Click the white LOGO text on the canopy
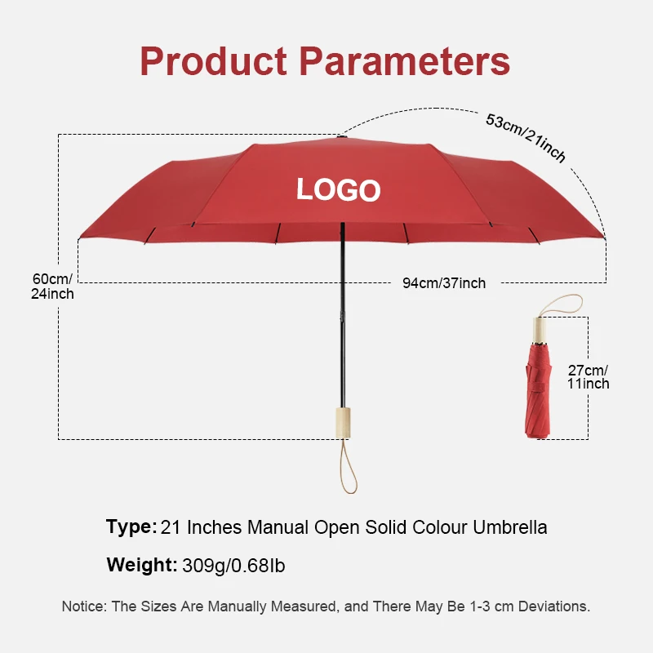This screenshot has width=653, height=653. click(x=338, y=190)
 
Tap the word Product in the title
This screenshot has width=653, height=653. click(x=214, y=61)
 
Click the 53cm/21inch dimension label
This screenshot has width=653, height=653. click(x=526, y=137)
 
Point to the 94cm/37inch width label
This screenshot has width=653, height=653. click(x=443, y=283)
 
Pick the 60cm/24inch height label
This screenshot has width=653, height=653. click(x=52, y=286)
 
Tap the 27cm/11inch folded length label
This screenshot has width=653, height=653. click(x=589, y=376)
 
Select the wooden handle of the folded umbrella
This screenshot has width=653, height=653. click(x=539, y=330)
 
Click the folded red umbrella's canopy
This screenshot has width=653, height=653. click(x=538, y=392)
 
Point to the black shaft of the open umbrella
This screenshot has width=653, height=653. click(x=342, y=318)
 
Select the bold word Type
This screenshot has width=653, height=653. click(x=131, y=527)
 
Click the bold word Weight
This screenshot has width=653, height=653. click(x=141, y=564)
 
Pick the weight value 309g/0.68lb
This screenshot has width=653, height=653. click(x=233, y=564)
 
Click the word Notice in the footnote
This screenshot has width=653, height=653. click(x=83, y=606)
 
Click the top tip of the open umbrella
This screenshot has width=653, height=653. click(x=340, y=139)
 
